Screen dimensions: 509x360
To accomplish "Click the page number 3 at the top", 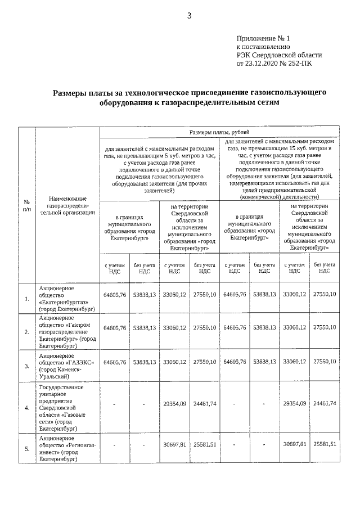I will (x=190, y=16).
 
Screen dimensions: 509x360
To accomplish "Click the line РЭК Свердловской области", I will (x=279, y=55).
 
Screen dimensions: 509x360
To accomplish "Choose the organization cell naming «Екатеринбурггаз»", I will (x=67, y=298).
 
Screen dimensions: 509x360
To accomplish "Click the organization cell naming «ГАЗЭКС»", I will (x=67, y=366).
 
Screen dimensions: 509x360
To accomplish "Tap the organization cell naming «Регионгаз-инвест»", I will (x=67, y=448).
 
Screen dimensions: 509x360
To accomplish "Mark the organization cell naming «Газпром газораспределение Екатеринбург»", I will (x=67, y=332).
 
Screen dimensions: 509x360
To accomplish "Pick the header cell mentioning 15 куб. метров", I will (x=280, y=168).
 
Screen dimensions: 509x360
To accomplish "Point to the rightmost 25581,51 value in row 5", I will (x=325, y=444).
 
